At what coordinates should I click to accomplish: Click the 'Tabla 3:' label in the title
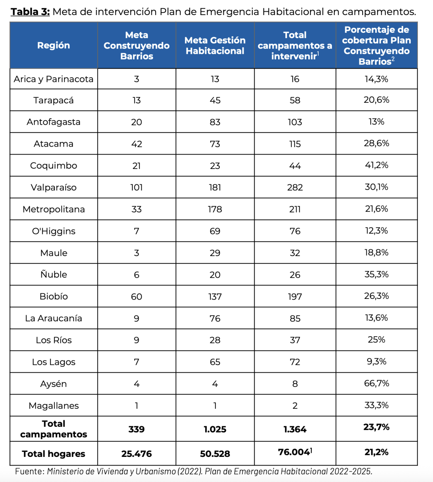click(x=30, y=11)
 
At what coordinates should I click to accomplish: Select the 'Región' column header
click(x=53, y=46)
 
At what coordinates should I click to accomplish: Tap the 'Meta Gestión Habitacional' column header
click(x=215, y=46)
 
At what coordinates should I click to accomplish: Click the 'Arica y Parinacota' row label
click(x=53, y=79)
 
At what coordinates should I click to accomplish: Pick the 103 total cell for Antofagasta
click(x=295, y=122)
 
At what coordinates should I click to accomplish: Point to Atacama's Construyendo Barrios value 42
click(x=136, y=144)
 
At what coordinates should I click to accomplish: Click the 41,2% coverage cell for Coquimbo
click(x=376, y=165)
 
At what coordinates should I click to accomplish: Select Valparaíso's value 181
click(x=215, y=187)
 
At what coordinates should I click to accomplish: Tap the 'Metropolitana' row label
click(x=53, y=209)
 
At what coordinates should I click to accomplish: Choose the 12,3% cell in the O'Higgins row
click(x=376, y=231)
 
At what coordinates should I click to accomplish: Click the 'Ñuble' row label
click(x=53, y=274)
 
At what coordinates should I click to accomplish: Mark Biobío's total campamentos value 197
click(x=295, y=297)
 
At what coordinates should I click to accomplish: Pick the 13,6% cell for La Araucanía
click(x=376, y=318)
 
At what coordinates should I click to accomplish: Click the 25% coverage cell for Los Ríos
click(x=376, y=340)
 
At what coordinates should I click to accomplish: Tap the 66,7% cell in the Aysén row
click(x=376, y=383)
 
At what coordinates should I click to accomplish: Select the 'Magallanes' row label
click(x=53, y=406)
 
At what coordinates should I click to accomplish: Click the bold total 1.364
click(x=295, y=429)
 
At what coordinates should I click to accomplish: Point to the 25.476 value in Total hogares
click(x=136, y=454)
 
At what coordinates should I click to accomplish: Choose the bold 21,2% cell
click(x=376, y=452)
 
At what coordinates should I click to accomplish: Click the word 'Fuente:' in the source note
click(x=30, y=471)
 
